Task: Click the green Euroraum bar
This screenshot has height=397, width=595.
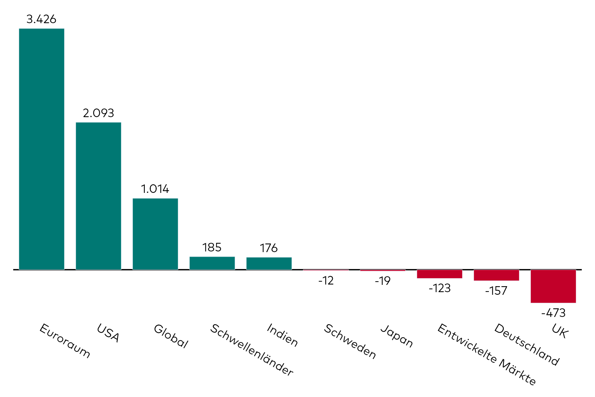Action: click(x=42, y=149)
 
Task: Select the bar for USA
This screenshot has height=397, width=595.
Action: click(x=99, y=196)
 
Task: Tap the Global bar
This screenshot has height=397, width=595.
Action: click(x=155, y=234)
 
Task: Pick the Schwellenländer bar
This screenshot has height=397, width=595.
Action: click(x=212, y=263)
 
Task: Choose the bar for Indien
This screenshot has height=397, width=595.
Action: click(x=269, y=264)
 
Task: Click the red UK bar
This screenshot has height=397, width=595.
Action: click(x=553, y=286)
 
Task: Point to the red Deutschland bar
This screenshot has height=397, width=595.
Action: click(x=496, y=275)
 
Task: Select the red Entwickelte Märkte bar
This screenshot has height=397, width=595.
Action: click(x=440, y=274)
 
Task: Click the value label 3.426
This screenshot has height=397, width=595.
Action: click(x=41, y=19)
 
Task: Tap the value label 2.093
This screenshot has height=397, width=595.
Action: click(x=99, y=113)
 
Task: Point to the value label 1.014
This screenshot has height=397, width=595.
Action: click(x=155, y=189)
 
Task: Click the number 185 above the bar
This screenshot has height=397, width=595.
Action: click(x=212, y=247)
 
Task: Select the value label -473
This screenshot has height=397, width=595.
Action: click(x=553, y=313)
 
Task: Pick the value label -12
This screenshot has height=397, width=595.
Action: click(x=326, y=281)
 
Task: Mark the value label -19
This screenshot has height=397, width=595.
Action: click(x=383, y=281)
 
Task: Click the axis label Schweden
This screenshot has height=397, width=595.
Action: click(x=350, y=341)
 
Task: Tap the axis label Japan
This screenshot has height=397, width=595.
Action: click(x=397, y=336)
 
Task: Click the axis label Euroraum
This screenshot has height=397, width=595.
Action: click(x=65, y=341)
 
